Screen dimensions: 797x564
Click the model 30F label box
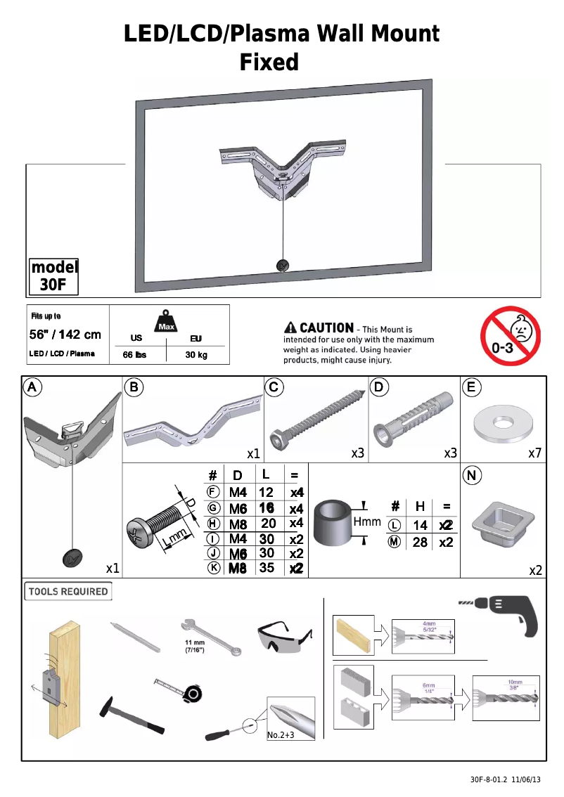click(x=53, y=276)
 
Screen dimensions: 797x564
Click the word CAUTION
click(x=326, y=328)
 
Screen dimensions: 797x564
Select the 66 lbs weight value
click(x=134, y=355)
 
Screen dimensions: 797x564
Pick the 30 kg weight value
click(x=196, y=355)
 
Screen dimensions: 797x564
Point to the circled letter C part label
click(x=276, y=387)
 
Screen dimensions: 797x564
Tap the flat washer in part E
click(x=502, y=422)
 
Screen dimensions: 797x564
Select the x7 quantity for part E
click(x=535, y=454)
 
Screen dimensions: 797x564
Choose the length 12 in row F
click(x=266, y=493)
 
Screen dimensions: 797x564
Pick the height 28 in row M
click(x=420, y=542)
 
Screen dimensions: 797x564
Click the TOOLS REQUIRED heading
click(x=68, y=592)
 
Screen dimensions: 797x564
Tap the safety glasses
click(x=283, y=638)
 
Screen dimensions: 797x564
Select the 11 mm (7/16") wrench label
click(x=194, y=647)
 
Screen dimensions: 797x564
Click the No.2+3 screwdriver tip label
click(x=281, y=735)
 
